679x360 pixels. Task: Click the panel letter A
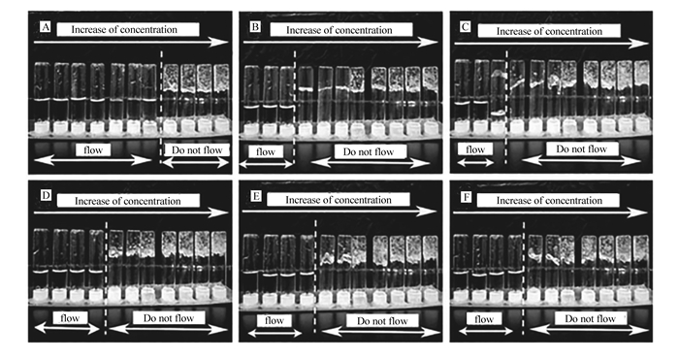(46, 28)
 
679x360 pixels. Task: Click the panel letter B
(255, 27)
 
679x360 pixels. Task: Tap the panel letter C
(465, 27)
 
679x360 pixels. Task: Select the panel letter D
(46, 196)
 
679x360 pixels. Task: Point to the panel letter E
(256, 196)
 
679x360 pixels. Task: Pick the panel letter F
(466, 198)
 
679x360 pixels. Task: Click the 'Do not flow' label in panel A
(197, 150)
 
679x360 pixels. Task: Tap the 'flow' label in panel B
(266, 152)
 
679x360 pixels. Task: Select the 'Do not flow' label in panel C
(582, 149)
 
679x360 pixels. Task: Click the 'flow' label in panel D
(70, 318)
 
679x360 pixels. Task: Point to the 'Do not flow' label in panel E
(382, 321)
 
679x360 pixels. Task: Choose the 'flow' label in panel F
(484, 319)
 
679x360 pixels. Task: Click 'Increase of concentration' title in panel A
(124, 29)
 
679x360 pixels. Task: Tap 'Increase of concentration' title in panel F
(549, 201)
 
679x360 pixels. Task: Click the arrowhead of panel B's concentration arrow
(432, 42)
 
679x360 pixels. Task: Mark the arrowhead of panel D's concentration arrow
(220, 213)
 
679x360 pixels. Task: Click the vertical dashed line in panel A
(161, 107)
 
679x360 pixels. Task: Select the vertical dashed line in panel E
(315, 277)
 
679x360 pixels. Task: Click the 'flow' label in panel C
(475, 149)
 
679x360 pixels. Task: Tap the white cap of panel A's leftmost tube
(42, 128)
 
